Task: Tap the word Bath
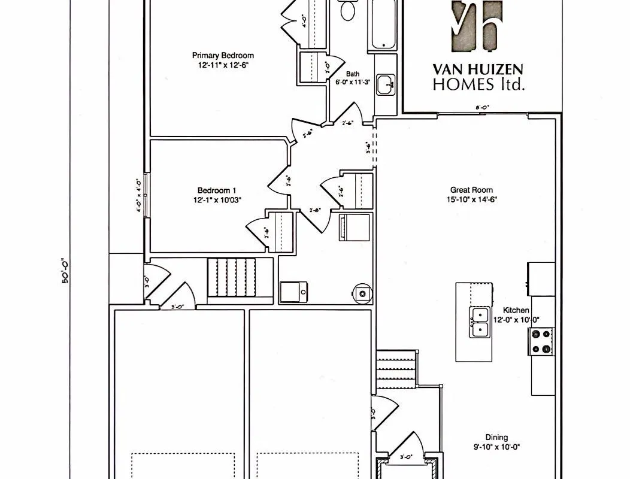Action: point(353,74)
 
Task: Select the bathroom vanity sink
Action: point(386,85)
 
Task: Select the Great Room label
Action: point(471,190)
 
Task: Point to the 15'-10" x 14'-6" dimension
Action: point(471,199)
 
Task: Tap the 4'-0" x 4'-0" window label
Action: point(138,196)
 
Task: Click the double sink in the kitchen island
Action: point(479,322)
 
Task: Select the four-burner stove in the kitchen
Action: point(542,342)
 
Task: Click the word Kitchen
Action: point(516,310)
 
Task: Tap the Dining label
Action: point(496,437)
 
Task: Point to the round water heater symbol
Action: point(361,292)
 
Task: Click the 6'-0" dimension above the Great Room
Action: point(483,108)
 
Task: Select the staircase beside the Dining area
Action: point(395,371)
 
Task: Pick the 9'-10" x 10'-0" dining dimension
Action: point(496,446)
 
